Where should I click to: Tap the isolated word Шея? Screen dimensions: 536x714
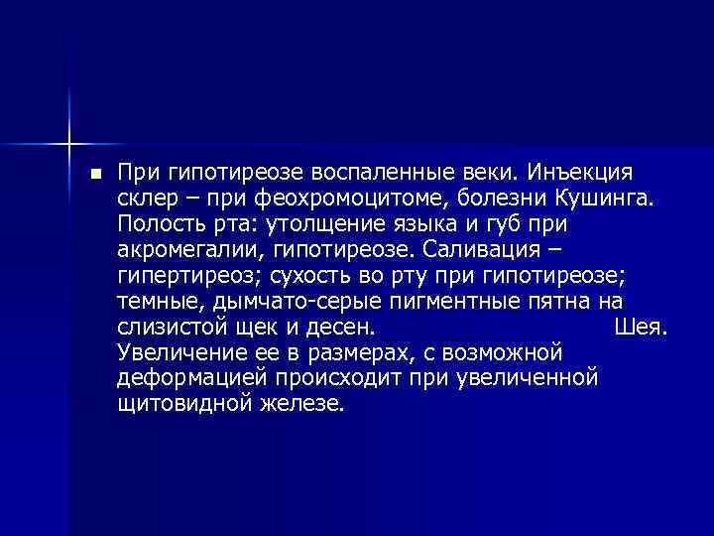(645, 327)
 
